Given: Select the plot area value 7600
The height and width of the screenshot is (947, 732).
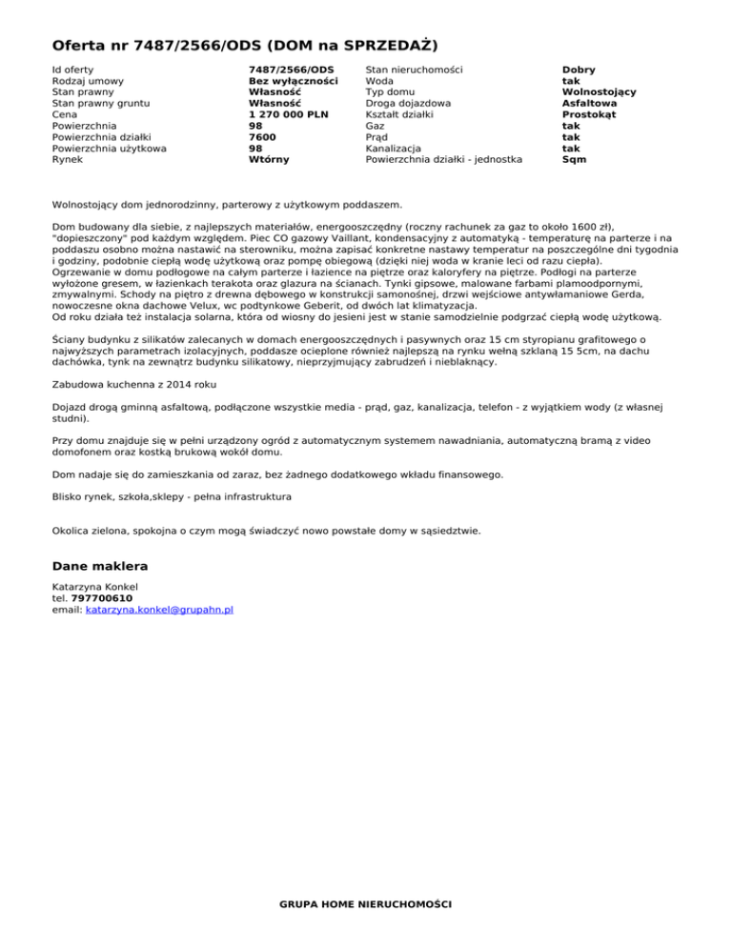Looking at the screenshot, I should pyautogui.click(x=262, y=137).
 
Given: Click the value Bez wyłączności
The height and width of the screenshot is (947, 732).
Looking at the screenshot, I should pyautogui.click(x=293, y=81).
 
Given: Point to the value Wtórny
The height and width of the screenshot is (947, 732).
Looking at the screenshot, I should pyautogui.click(x=269, y=160).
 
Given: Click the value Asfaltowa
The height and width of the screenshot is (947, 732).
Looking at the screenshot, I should pyautogui.click(x=589, y=103).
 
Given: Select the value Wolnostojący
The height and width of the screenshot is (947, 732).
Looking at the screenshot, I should pyautogui.click(x=600, y=92).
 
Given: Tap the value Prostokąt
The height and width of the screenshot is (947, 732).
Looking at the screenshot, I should pyautogui.click(x=588, y=114).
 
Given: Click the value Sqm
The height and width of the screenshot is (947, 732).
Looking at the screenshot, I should pyautogui.click(x=575, y=160).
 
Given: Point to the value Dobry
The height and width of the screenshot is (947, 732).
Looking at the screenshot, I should pyautogui.click(x=579, y=70).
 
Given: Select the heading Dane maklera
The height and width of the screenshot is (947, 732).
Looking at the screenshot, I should pyautogui.click(x=100, y=566).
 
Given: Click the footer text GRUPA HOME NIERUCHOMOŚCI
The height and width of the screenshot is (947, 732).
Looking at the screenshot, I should pyautogui.click(x=366, y=903).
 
